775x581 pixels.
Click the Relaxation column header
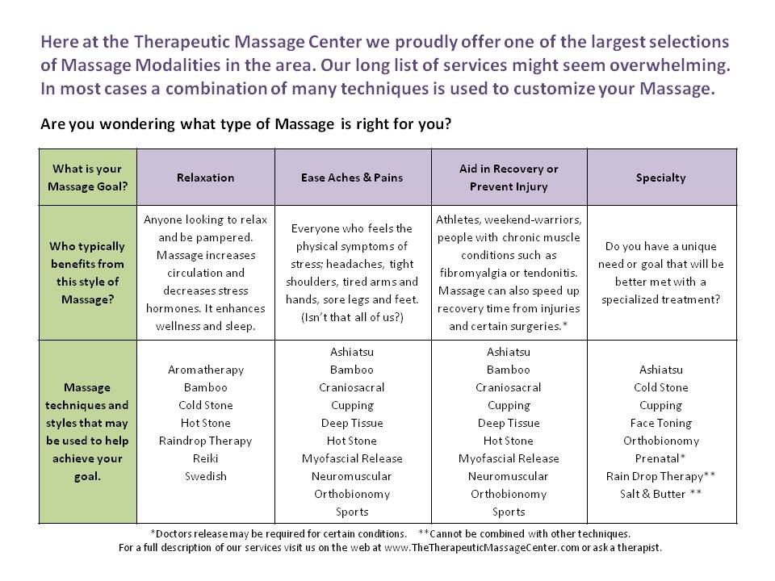tap(205, 178)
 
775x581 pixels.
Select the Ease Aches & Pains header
tap(352, 178)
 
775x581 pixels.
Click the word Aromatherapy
tap(205, 370)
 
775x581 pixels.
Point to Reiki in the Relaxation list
tap(205, 458)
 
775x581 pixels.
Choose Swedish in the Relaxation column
tap(205, 476)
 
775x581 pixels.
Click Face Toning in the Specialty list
tap(660, 423)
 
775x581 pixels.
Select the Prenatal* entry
tap(660, 458)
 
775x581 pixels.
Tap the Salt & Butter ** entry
tap(660, 494)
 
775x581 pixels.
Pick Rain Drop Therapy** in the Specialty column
tap(660, 476)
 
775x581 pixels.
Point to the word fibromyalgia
tap(472, 273)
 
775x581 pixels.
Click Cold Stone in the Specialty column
tap(660, 387)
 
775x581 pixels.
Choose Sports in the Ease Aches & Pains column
tap(352, 512)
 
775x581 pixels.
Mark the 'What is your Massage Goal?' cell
tap(89, 178)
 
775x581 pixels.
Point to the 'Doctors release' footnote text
tap(278, 533)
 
